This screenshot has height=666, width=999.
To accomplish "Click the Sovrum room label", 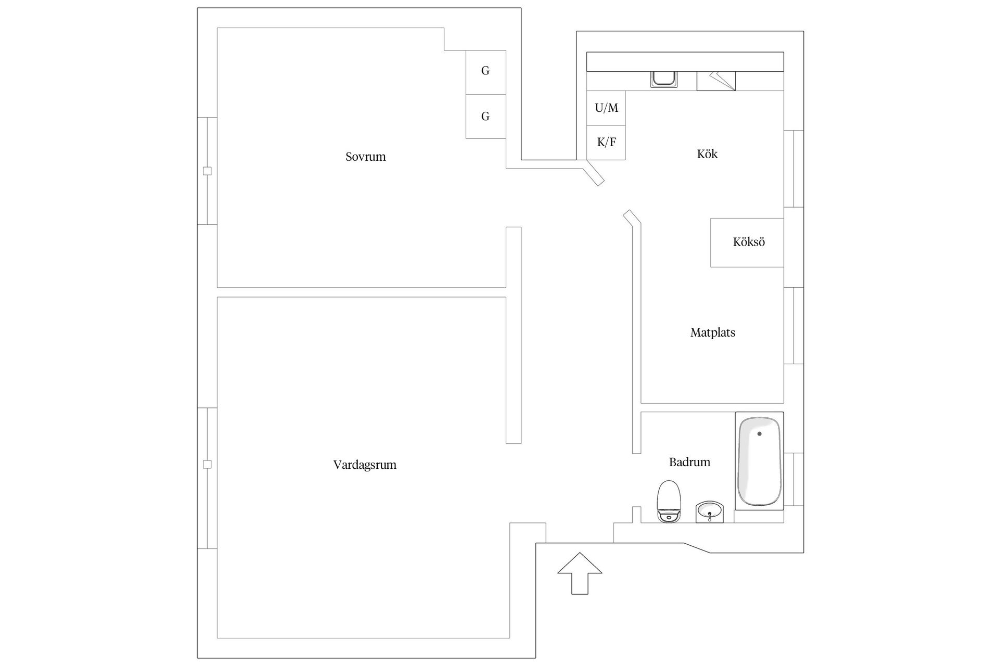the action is pyautogui.click(x=366, y=157).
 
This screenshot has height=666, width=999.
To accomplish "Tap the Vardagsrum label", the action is pyautogui.click(x=365, y=465).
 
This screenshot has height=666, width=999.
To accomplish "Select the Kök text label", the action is pyautogui.click(x=707, y=154).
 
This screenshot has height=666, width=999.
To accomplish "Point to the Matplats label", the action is pyautogui.click(x=713, y=332).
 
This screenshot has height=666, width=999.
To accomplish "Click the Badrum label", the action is pyautogui.click(x=689, y=462).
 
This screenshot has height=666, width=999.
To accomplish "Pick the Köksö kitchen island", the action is pyautogui.click(x=747, y=242).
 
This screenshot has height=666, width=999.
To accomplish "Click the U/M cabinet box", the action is pyautogui.click(x=606, y=108).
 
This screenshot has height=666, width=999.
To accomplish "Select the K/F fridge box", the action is pyautogui.click(x=606, y=143).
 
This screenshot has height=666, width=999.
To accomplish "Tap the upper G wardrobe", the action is pyautogui.click(x=485, y=72).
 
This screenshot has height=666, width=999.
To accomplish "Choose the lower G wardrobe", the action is pyautogui.click(x=485, y=117).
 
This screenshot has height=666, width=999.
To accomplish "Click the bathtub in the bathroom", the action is pyautogui.click(x=759, y=461).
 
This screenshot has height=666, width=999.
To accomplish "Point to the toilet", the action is pyautogui.click(x=669, y=502).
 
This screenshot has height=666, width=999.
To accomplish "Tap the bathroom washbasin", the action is pyautogui.click(x=710, y=512).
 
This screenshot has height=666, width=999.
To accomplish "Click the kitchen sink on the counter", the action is pyautogui.click(x=664, y=79).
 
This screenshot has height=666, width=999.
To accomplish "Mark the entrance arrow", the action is pyautogui.click(x=580, y=573).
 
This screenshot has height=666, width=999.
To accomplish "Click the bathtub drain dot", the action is pyautogui.click(x=760, y=433).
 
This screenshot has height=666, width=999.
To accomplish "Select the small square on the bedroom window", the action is pyautogui.click(x=207, y=171).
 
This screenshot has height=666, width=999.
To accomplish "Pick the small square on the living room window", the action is pyautogui.click(x=207, y=464).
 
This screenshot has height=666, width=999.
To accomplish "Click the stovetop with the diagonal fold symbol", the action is pyautogui.click(x=716, y=81).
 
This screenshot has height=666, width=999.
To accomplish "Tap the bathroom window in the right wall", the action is pyautogui.click(x=793, y=479).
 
